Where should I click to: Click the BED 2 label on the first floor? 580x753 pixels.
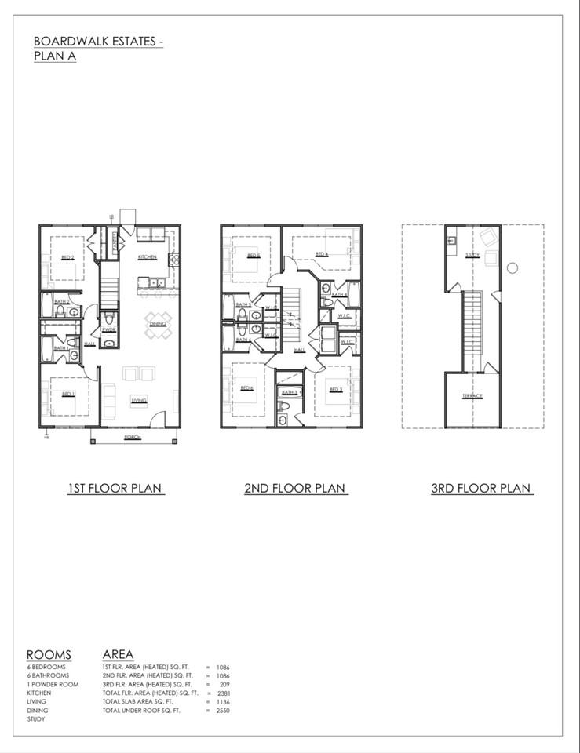(67, 257)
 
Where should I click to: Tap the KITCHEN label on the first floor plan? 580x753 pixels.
(147, 257)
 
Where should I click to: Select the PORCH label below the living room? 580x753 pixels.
(132, 437)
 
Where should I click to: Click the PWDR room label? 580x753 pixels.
(109, 330)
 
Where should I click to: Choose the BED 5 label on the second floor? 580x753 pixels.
(253, 256)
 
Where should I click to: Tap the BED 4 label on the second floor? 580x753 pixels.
(321, 254)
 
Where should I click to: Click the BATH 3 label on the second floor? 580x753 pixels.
(287, 391)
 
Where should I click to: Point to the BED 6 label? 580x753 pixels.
(247, 389)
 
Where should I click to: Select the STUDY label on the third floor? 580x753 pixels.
(472, 255)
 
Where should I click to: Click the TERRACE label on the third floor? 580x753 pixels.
(472, 396)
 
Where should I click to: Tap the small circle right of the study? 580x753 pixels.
(512, 268)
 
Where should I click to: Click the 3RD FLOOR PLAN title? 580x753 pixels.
(482, 488)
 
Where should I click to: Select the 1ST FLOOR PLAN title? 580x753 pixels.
(115, 488)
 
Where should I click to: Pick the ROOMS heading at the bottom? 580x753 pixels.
(49, 655)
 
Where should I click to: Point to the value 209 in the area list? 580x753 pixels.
(224, 684)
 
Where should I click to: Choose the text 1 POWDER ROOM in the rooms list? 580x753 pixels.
(52, 684)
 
